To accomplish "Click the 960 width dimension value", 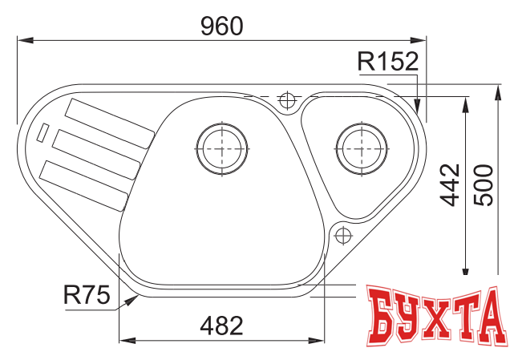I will coord(221,26).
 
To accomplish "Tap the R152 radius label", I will coord(388,61).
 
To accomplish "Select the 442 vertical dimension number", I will coord(451,185).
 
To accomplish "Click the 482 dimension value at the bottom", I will coord(221,326).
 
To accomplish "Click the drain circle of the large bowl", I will coord(221,148).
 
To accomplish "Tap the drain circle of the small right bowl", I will coord(360,147).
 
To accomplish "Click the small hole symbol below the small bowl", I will coord(342,236).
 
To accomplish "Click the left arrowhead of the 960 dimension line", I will coord(22,38).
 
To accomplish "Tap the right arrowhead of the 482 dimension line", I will coord(322,341).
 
